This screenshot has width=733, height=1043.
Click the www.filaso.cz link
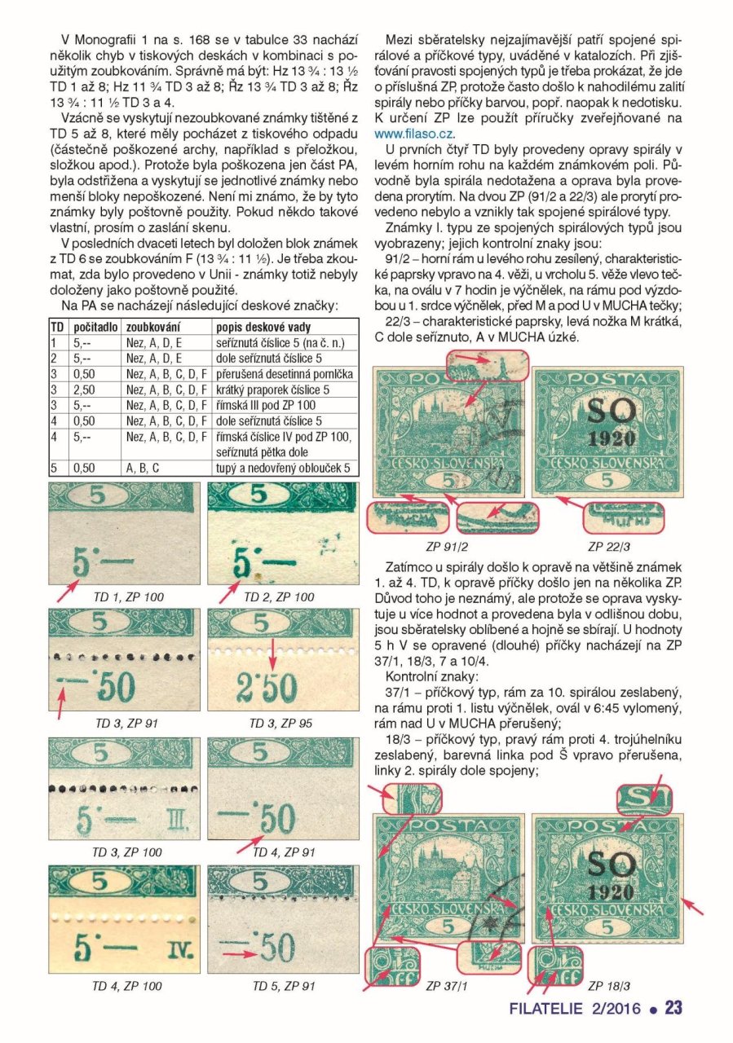point(414,134)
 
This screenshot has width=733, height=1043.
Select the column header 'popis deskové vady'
point(263,327)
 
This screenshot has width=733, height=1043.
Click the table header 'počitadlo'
point(95,327)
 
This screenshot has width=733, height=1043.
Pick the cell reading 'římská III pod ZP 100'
point(266,405)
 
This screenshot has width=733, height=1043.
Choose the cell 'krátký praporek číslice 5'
point(272,389)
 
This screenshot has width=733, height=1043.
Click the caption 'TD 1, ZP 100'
point(129,597)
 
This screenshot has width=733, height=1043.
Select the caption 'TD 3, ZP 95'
point(280,723)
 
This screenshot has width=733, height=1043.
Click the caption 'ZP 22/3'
point(609,546)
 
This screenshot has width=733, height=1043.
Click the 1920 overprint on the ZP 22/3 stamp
point(611,438)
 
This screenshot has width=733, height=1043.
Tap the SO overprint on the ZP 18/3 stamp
point(612,865)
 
